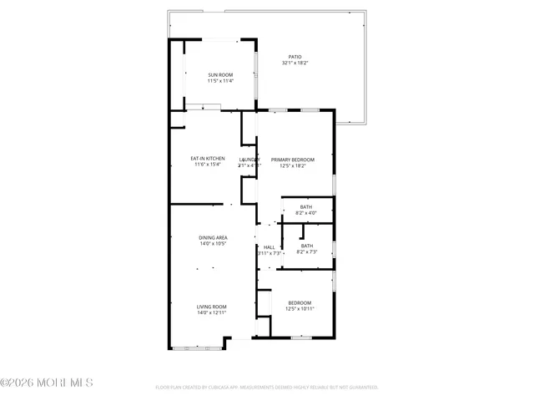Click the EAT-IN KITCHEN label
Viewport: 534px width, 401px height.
pyautogui.click(x=208, y=159)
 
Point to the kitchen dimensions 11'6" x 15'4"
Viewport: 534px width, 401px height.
pyautogui.click(x=208, y=165)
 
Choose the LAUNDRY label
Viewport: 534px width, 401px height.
pyautogui.click(x=249, y=160)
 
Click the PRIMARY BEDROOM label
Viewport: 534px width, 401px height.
pyautogui.click(x=292, y=160)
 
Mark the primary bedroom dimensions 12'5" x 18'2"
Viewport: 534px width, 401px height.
pyautogui.click(x=292, y=165)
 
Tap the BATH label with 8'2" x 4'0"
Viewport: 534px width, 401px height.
pyautogui.click(x=306, y=207)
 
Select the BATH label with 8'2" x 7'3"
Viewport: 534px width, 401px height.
pyautogui.click(x=306, y=246)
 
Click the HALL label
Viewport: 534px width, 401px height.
pyautogui.click(x=269, y=247)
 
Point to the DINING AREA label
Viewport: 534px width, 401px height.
pyautogui.click(x=213, y=237)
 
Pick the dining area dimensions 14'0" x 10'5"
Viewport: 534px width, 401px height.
pyautogui.click(x=213, y=243)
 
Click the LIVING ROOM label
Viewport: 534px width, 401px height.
pyautogui.click(x=211, y=307)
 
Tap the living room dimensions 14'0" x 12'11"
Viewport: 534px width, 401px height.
pyautogui.click(x=211, y=312)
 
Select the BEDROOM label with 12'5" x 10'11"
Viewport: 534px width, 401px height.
pyautogui.click(x=300, y=302)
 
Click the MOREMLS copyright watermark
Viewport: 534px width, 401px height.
pyautogui.click(x=47, y=383)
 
